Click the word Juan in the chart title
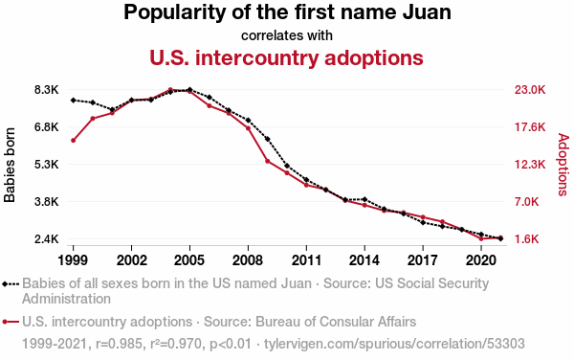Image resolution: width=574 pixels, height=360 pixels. [427, 12]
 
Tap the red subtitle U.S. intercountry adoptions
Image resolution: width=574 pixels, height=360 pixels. [286, 57]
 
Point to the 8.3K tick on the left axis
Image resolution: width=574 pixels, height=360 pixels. [47, 90]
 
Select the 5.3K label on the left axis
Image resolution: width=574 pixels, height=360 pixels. [47, 165]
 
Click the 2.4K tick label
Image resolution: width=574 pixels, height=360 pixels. [47, 239]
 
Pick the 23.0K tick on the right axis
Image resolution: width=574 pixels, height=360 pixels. [530, 90]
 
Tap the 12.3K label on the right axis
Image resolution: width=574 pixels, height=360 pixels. [530, 165]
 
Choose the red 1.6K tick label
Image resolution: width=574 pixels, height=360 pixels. [527, 239]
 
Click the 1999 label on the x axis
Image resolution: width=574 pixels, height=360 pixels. [74, 260]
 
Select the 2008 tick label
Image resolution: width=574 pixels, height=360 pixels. [248, 260]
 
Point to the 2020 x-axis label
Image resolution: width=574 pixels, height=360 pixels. [481, 260]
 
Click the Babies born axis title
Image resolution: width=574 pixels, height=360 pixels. [10, 165]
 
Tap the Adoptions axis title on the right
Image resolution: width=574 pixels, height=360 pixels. [563, 165]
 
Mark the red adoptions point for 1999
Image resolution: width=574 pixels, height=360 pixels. [74, 140]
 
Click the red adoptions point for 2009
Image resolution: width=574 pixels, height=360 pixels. [268, 161]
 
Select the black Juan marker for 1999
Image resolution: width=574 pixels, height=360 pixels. [74, 100]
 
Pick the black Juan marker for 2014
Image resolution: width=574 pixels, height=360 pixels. [364, 199]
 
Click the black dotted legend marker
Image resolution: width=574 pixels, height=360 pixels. [11, 283]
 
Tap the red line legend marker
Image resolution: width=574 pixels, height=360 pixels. [11, 322]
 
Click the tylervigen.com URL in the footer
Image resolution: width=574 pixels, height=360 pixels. [394, 344]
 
